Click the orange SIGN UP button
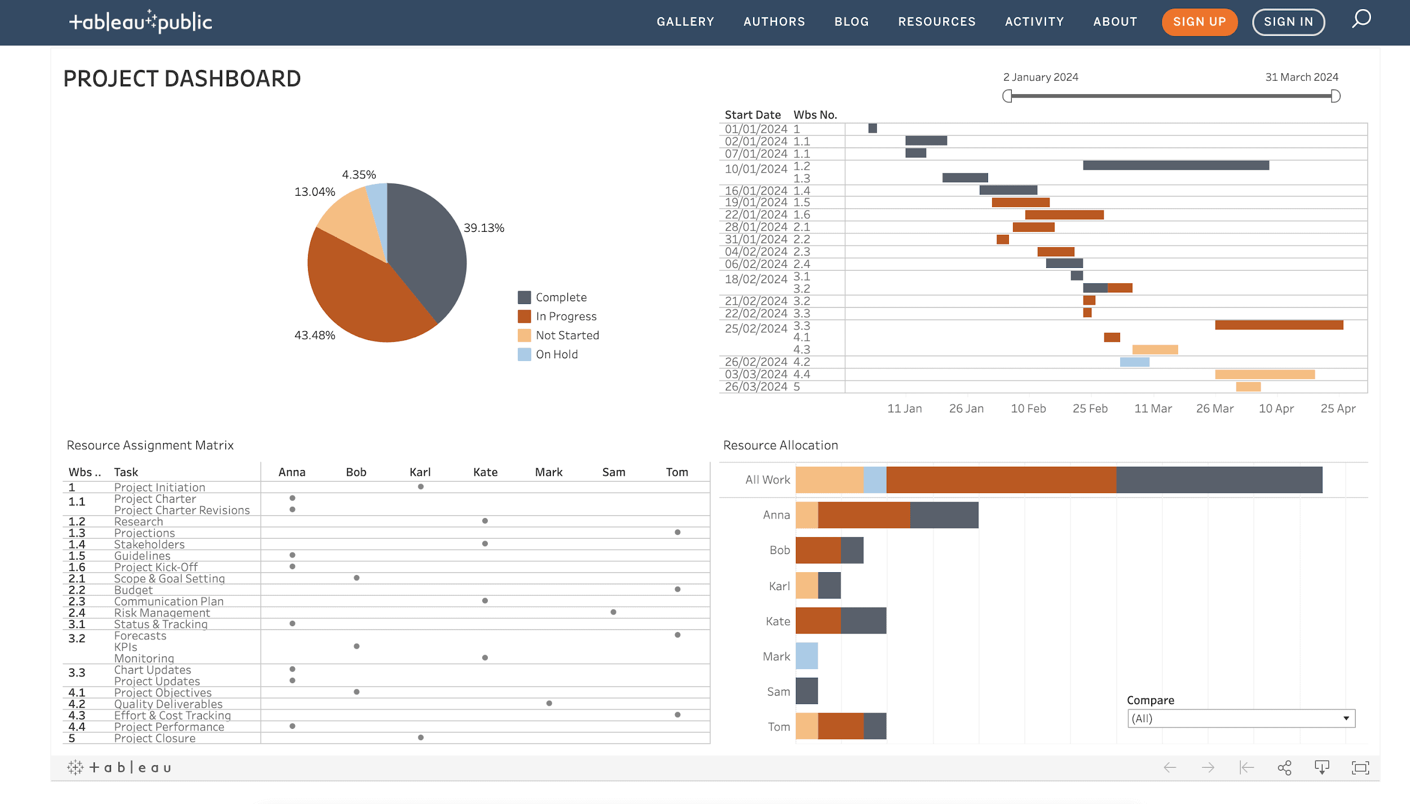tap(1199, 22)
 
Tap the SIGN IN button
tap(1288, 22)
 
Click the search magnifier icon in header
tap(1361, 19)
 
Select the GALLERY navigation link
tap(685, 22)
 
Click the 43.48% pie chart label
tap(315, 335)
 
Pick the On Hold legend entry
tap(556, 354)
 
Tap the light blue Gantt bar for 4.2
tap(1134, 362)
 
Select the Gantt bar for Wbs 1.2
tap(1175, 165)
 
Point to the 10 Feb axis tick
tap(1028, 408)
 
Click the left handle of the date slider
tap(1007, 96)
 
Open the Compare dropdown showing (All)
tap(1241, 719)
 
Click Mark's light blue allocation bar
tap(807, 656)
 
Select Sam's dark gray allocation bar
tap(807, 691)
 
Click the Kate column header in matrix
tap(485, 472)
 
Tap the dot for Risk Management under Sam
tap(613, 612)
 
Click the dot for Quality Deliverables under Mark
tap(549, 704)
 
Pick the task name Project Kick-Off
tap(156, 567)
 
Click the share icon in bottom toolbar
tap(1284, 768)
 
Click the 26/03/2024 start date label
tap(756, 387)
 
